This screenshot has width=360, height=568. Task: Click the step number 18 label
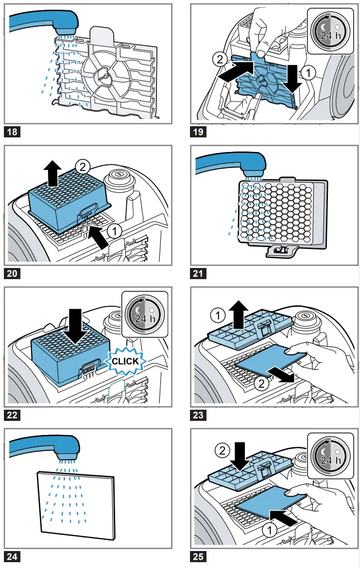[x=12, y=132]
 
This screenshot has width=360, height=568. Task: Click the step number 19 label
[x=199, y=132]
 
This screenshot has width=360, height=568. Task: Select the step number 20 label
[x=12, y=274]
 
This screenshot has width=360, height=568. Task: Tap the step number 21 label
[x=199, y=274]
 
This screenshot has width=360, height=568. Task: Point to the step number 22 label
[x=12, y=416]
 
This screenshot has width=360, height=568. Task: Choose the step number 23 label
[x=199, y=416]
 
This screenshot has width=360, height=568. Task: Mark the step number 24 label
[x=12, y=557]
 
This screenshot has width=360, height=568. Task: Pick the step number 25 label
[x=199, y=557]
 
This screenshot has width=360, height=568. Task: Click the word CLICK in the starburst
[x=125, y=361]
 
